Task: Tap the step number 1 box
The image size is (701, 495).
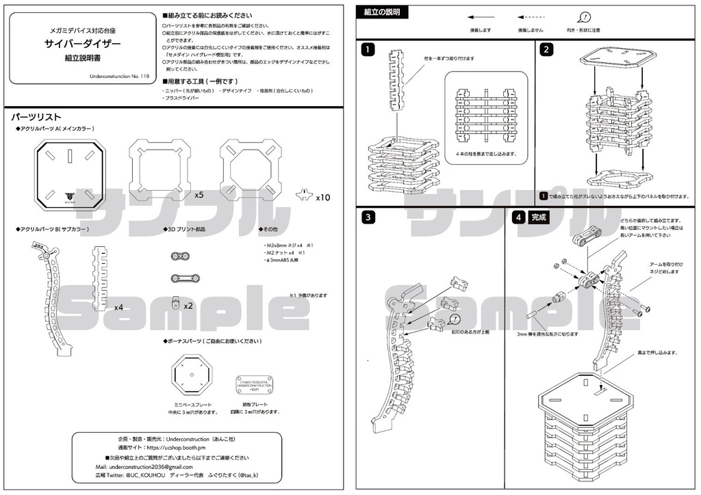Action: point(369,49)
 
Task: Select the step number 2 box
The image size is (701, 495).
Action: point(546,49)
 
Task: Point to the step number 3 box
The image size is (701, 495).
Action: point(369,217)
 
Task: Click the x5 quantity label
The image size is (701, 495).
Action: point(199,195)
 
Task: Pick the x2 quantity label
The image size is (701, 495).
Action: point(188,306)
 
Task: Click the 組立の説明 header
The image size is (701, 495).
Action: point(382,12)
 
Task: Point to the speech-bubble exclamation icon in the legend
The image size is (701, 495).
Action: point(584,18)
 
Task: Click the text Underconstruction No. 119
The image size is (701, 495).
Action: point(119,77)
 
